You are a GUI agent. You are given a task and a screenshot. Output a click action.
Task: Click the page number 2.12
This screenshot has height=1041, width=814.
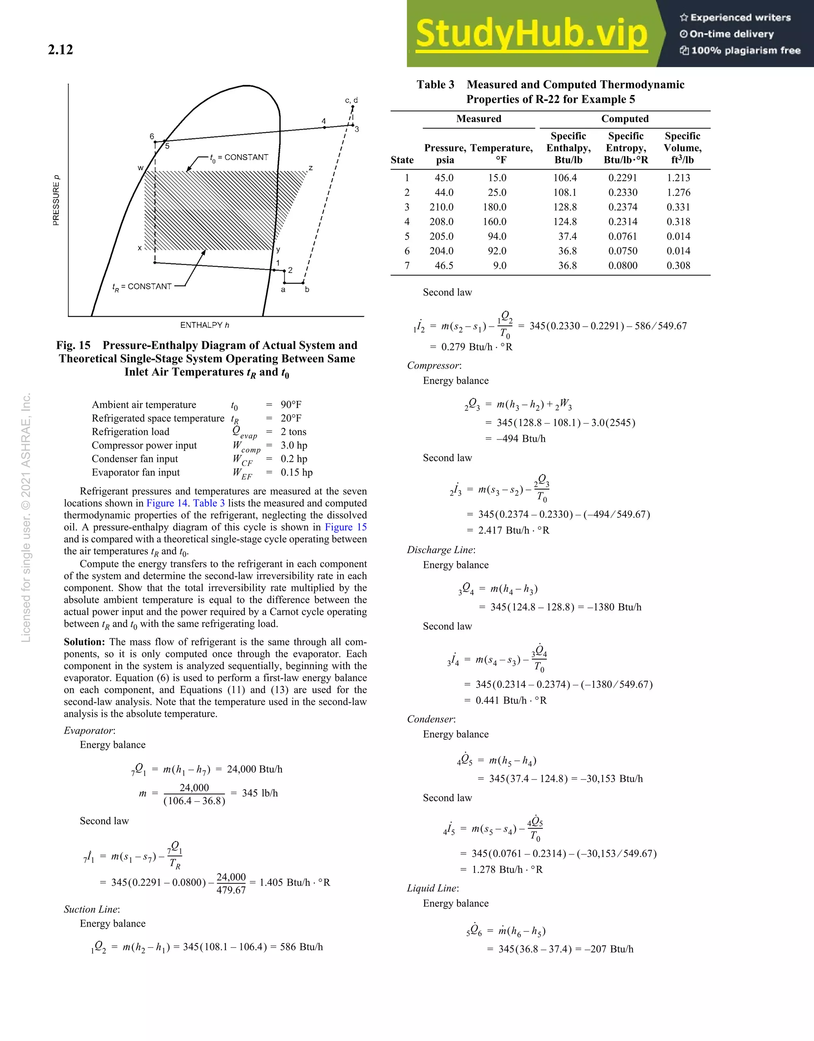pyautogui.click(x=60, y=50)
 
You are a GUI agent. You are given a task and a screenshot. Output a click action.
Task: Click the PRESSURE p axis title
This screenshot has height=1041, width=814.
pyautogui.click(x=56, y=200)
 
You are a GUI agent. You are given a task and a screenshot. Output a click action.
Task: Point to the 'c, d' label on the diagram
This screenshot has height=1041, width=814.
pyautogui.click(x=351, y=100)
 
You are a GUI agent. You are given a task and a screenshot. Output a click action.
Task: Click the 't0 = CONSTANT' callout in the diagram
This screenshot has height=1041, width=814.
pyautogui.click(x=239, y=157)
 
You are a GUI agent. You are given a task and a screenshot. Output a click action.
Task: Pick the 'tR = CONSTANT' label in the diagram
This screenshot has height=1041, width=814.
pyautogui.click(x=142, y=286)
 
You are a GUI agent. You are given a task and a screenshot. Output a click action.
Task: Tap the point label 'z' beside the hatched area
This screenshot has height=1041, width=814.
pyautogui.click(x=310, y=168)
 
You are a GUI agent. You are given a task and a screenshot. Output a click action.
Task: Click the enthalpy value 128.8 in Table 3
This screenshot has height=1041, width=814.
pyautogui.click(x=565, y=207)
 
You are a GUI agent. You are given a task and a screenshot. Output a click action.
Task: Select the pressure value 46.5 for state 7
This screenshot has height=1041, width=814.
pyautogui.click(x=444, y=265)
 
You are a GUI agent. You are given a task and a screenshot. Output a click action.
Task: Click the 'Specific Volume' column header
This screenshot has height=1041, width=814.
pyautogui.click(x=682, y=148)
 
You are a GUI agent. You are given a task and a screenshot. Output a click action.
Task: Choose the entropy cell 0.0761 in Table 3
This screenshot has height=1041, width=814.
pyautogui.click(x=622, y=236)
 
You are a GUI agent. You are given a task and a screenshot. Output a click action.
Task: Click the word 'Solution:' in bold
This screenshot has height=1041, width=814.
pyautogui.click(x=84, y=642)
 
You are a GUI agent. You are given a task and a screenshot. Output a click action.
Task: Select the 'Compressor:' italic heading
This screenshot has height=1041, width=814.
pyautogui.click(x=434, y=366)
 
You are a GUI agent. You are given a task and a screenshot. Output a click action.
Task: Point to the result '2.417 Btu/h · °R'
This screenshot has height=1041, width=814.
pyautogui.click(x=514, y=530)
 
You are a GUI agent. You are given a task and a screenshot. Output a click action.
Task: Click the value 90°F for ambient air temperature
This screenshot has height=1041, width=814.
pyautogui.click(x=291, y=404)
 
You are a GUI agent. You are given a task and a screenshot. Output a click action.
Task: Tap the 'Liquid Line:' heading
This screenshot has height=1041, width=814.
pyautogui.click(x=432, y=888)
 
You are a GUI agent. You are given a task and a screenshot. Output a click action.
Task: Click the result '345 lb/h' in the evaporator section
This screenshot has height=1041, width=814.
pyautogui.click(x=260, y=793)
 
